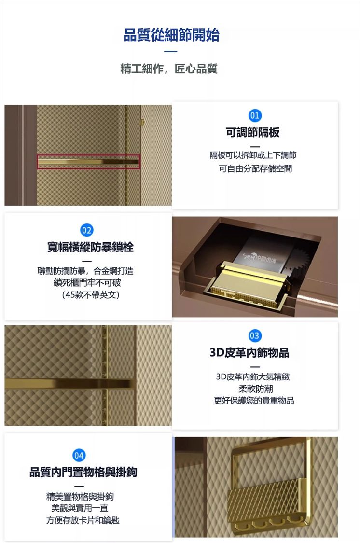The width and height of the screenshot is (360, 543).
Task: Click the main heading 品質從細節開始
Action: pos(171,35)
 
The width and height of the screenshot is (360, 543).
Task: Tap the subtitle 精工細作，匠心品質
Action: pos(169,69)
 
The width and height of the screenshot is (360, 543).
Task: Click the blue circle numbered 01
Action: pos(255,115)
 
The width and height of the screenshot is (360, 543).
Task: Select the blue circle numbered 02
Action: pos(86,230)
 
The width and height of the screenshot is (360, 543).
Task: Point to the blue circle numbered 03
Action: pos(254,335)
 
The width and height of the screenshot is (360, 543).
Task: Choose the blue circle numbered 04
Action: pos(79,455)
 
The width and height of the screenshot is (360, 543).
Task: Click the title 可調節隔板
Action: pos(253,132)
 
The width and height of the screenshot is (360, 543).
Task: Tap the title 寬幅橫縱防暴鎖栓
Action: pos(90,247)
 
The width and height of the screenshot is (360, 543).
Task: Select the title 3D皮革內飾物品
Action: pos(249,352)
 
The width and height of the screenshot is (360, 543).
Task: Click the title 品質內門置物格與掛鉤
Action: pos(83,472)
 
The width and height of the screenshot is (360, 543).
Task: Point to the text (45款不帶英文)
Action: pos(91,295)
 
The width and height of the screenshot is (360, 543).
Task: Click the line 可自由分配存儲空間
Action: pos(255,168)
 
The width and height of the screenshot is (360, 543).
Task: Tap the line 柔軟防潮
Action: pos(255,389)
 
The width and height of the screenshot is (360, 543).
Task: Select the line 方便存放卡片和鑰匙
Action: pos(83,520)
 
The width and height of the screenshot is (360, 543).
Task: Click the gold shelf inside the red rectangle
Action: pos(88,162)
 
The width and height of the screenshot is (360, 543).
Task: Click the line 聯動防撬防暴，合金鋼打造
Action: pos(85,270)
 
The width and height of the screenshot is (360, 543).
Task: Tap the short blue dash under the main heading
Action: pos(171,52)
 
